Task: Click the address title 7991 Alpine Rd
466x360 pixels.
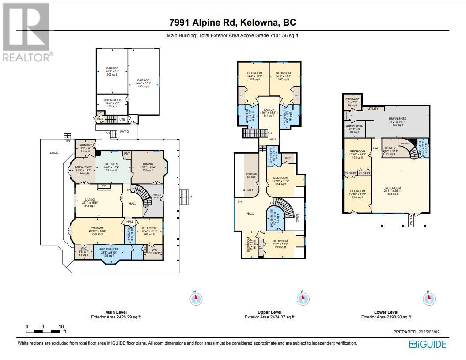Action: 233,23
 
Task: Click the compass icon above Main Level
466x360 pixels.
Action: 196,299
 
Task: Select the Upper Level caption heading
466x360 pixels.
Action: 269,312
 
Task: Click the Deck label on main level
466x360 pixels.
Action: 54,152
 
